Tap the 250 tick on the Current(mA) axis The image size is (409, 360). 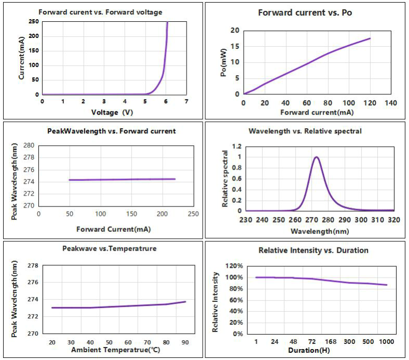point(33,22)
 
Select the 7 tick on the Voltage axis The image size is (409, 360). point(186,101)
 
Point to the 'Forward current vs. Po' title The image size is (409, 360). point(305,12)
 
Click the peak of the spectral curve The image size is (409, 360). point(316,157)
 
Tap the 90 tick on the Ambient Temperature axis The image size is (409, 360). point(185,343)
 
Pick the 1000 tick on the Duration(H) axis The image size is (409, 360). point(386,342)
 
